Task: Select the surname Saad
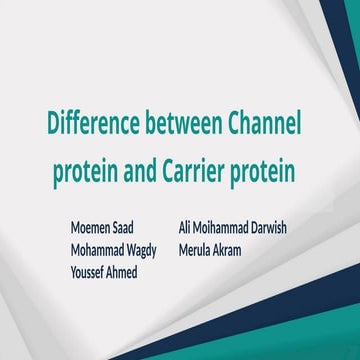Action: [x=138, y=228]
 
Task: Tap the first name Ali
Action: [x=186, y=228]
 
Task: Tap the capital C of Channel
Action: [x=237, y=128]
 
